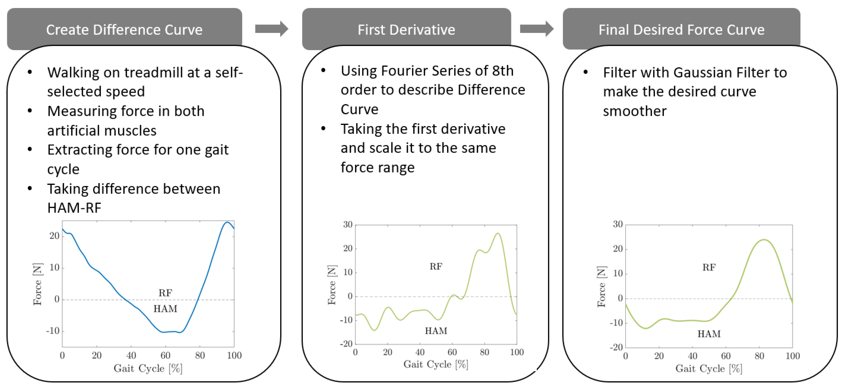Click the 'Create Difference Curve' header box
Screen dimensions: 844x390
(x=124, y=29)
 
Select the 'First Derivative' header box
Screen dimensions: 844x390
(x=406, y=29)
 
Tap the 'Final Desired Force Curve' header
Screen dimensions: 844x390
(x=682, y=29)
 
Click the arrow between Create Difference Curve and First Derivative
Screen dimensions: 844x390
(x=272, y=29)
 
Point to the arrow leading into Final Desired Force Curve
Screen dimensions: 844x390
(x=537, y=29)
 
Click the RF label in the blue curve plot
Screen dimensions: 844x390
(x=165, y=293)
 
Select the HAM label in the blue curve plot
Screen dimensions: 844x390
(x=165, y=308)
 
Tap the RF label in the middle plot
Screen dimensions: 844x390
(x=436, y=266)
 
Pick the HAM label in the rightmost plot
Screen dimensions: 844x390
(x=709, y=334)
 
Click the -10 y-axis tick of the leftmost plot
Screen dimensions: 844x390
(x=53, y=331)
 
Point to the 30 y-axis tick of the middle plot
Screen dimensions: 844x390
(x=348, y=224)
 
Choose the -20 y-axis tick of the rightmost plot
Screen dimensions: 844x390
(x=616, y=347)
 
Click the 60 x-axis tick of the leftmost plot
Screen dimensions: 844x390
(x=165, y=355)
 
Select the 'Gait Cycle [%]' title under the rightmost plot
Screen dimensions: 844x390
(x=709, y=369)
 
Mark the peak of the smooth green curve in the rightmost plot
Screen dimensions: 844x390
(x=764, y=240)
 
